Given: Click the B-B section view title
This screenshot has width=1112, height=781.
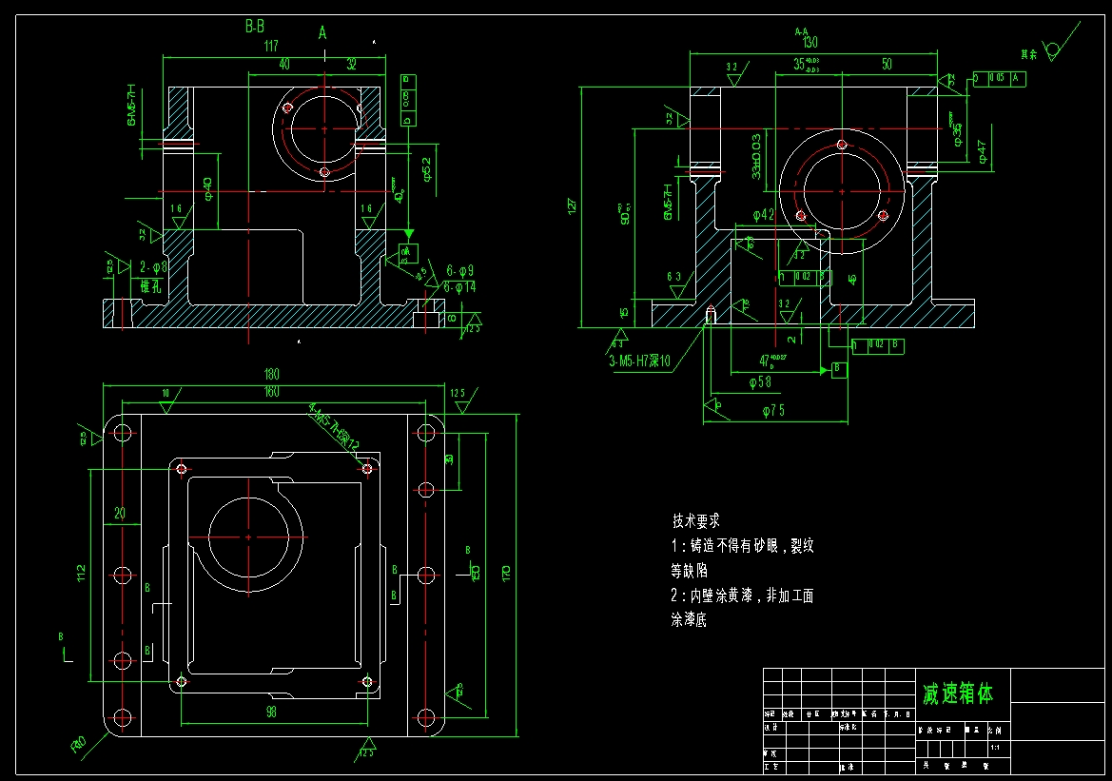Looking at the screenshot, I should point(254,28).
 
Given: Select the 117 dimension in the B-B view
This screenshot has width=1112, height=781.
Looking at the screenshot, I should point(271,47).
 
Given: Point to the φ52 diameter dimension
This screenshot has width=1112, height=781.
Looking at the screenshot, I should point(427,168).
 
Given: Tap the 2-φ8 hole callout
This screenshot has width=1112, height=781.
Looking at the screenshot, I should point(153,267).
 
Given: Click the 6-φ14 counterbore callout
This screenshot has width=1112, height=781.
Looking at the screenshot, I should point(458,286).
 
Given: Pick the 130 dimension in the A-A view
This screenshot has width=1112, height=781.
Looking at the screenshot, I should point(810,43).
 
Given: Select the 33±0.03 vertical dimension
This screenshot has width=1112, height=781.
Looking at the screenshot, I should point(756,156).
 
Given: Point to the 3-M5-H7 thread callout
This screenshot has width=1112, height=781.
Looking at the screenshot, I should point(639,361).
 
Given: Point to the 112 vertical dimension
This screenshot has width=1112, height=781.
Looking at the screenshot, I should point(82,574).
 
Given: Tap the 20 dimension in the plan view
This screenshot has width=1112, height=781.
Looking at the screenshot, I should point(120,513).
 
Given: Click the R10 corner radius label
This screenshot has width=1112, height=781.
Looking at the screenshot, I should point(79,742).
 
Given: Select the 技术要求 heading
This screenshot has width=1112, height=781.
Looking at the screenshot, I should point(695,521).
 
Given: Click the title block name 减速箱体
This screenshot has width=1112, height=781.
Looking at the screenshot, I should point(957,694).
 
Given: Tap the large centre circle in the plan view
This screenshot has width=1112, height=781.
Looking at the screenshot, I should point(249,537).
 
